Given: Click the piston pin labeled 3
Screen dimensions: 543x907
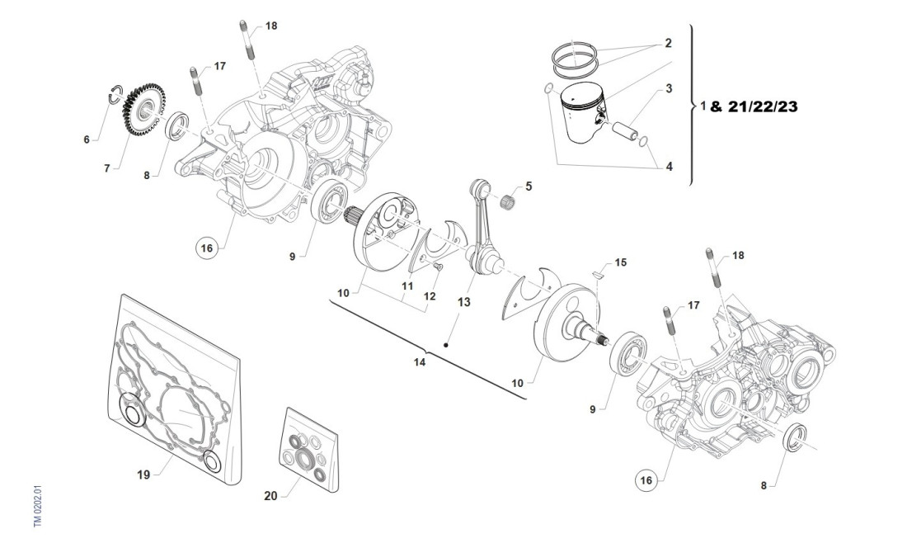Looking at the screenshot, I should click(624, 130).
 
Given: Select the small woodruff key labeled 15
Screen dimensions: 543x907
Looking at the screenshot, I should click(599, 273).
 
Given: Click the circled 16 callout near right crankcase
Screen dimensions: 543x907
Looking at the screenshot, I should click(647, 478).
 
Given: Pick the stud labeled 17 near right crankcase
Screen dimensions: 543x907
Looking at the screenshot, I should click(669, 325).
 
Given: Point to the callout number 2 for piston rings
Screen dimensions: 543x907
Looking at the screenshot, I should click(668, 42).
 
